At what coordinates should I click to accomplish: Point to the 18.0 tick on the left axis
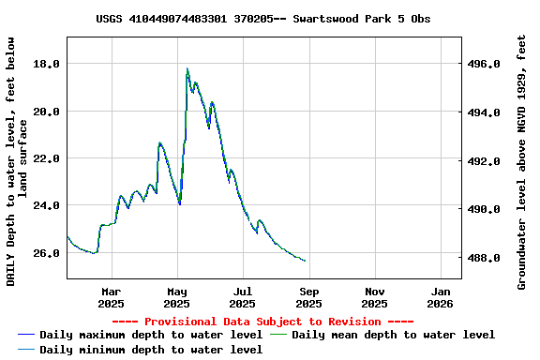(x=46, y=64)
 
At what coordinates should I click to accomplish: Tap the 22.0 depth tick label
(x=46, y=158)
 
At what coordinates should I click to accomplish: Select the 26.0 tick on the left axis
(x=46, y=253)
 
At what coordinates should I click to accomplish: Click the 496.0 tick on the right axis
(x=484, y=65)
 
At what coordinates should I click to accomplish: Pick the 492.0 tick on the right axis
(x=484, y=161)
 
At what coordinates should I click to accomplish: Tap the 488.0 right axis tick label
(x=484, y=258)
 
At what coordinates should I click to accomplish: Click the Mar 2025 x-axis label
(x=111, y=297)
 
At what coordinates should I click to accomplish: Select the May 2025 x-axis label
(x=176, y=297)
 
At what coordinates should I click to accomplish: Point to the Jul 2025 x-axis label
(x=242, y=297)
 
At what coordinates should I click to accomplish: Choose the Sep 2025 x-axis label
(x=308, y=297)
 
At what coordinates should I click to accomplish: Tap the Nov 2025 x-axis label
(x=374, y=297)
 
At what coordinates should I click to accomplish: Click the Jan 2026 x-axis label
(x=441, y=297)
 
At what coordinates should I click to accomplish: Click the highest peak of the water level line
(x=187, y=68)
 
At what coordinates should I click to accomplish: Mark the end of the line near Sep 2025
(x=305, y=261)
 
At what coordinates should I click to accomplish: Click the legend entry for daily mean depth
(x=393, y=335)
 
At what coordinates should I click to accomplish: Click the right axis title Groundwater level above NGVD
(x=521, y=161)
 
